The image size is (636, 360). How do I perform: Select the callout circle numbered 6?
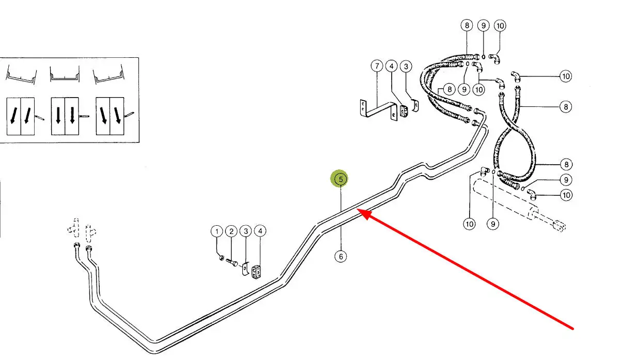(340, 256)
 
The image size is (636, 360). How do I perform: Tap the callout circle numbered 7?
(377, 66)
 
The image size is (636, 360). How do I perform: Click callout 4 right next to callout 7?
(392, 66)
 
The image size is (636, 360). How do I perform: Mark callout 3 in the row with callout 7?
(407, 66)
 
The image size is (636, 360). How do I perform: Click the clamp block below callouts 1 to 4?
(257, 272)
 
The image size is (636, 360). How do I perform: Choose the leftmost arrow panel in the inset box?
(21, 117)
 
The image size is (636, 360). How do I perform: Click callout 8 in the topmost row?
(467, 25)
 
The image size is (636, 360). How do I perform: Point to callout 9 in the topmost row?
(483, 25)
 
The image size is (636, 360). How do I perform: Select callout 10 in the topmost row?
(500, 25)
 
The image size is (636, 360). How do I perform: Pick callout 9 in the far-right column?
(566, 180)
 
